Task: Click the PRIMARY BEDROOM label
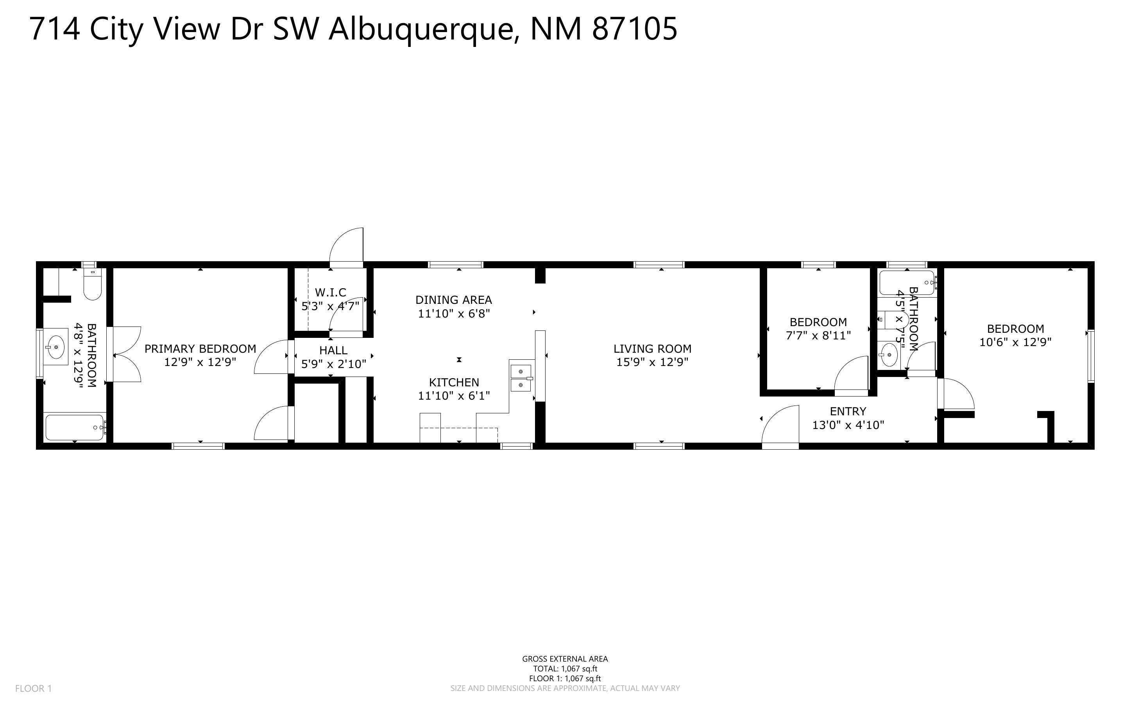point(200,348)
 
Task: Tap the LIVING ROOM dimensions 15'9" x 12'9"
point(652,362)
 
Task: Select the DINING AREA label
point(453,300)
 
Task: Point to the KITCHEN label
point(454,382)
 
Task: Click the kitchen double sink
point(521,378)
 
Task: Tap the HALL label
point(333,350)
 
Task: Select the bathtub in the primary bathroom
point(75,427)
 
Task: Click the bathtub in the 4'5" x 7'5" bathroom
point(906,282)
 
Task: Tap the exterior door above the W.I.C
point(347,247)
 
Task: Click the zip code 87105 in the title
point(634,29)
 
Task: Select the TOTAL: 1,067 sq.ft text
point(565,669)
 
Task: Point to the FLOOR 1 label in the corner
point(33,688)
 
